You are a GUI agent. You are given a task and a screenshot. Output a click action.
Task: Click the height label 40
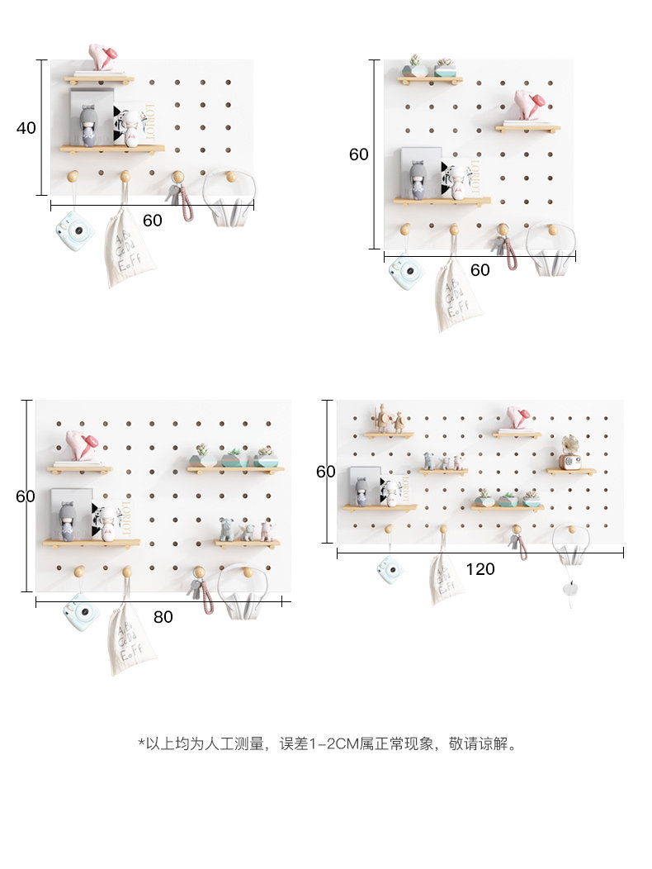tap(26, 128)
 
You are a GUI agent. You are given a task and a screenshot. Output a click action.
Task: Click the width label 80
tap(163, 617)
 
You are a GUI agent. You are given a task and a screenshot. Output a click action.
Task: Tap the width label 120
tap(480, 569)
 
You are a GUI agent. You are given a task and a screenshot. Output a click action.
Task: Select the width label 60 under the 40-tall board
tap(153, 221)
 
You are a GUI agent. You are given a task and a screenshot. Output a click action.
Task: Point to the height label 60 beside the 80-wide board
tap(26, 496)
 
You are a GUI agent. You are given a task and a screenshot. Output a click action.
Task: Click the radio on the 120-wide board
tap(570, 461)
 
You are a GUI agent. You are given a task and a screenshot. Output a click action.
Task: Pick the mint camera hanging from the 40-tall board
tap(74, 230)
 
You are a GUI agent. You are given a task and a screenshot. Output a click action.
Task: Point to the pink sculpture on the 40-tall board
tap(102, 58)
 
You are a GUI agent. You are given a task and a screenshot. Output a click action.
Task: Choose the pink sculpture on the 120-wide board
tap(517, 417)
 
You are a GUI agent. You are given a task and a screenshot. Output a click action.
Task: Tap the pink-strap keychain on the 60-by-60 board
tap(509, 250)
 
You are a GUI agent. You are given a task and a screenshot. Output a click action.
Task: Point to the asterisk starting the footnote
tap(141, 743)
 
